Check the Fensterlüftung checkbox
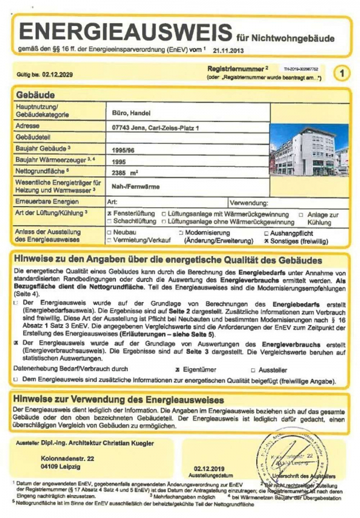110,214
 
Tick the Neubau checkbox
110,233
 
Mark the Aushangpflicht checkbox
266,233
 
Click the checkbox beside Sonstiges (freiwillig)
266,241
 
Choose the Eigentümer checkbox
178,370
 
